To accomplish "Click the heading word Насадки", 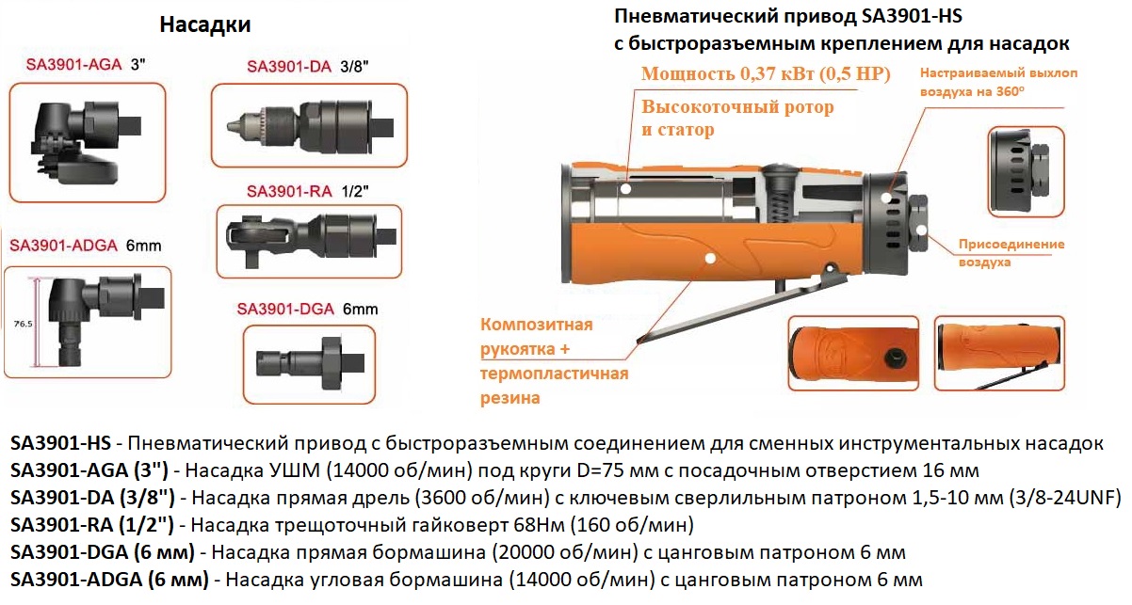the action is [x=204, y=24].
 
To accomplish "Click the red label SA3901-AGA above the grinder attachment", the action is [x=73, y=65].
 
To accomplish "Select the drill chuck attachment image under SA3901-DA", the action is [x=310, y=125].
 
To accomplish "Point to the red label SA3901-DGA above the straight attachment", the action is [x=285, y=309].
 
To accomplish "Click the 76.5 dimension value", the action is [x=23, y=324].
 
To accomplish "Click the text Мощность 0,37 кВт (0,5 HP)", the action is [x=766, y=73].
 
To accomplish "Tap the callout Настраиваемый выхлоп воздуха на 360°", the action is [x=998, y=82].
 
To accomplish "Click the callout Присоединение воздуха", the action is [x=1011, y=253].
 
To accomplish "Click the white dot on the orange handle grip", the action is [x=710, y=259].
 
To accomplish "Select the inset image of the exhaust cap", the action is [x=1027, y=171].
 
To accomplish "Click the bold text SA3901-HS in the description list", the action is [x=60, y=443].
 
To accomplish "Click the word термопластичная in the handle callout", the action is [x=555, y=374].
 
